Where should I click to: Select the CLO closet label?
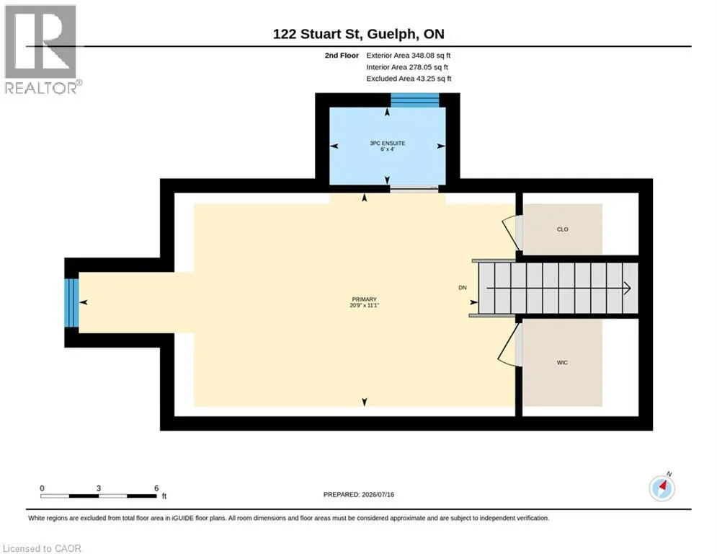(563, 229)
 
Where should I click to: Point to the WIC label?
(562, 363)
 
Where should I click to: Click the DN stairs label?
(463, 288)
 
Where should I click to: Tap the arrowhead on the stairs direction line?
(628, 288)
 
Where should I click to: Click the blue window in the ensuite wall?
(415, 100)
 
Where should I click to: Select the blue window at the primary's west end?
(71, 303)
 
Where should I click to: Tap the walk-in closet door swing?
(509, 344)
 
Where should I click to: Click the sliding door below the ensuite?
(414, 189)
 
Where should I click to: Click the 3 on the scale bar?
(98, 488)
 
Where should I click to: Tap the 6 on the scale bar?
(156, 488)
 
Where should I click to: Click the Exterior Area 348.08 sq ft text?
(409, 56)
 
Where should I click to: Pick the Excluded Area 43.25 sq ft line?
(409, 79)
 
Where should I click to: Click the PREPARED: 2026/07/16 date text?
(359, 494)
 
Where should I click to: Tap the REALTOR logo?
(43, 50)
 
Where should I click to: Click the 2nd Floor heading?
(342, 56)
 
